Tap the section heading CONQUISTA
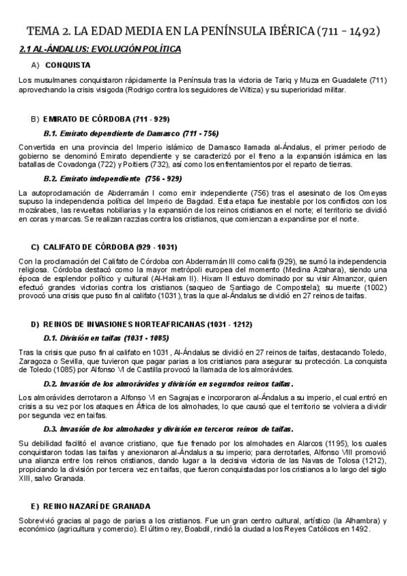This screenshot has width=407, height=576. (68, 65)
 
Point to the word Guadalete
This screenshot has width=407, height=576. (351, 81)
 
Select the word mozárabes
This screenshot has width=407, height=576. (38, 211)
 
